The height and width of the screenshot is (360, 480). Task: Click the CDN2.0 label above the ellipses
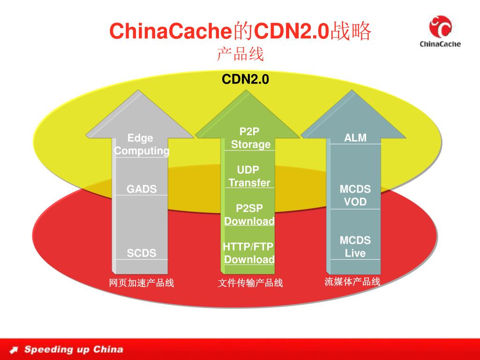[x=245, y=79]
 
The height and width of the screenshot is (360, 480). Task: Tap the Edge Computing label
[x=141, y=144]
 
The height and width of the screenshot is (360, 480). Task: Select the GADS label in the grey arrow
[x=142, y=189]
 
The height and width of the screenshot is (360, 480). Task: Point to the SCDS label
[x=142, y=253]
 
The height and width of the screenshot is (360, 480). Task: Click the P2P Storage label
[x=250, y=138]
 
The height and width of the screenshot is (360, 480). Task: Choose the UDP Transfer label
[x=249, y=176]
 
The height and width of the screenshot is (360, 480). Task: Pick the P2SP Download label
[x=249, y=215]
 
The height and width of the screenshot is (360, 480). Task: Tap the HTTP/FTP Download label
[x=249, y=253]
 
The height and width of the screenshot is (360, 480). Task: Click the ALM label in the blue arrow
[x=355, y=137]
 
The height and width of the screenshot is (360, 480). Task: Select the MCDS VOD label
[x=355, y=195]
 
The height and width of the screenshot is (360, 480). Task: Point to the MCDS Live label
[x=355, y=247]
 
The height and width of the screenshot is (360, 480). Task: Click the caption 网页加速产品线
[x=141, y=283]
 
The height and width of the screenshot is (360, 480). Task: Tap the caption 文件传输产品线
[x=250, y=283]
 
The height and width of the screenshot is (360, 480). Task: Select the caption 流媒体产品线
[x=352, y=282]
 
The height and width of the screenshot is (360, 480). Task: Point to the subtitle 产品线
[x=240, y=54]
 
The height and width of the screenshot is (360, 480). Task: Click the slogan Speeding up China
[x=74, y=349]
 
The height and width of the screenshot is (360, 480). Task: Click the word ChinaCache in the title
[x=171, y=31]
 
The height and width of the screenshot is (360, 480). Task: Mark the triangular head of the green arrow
[x=248, y=117]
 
